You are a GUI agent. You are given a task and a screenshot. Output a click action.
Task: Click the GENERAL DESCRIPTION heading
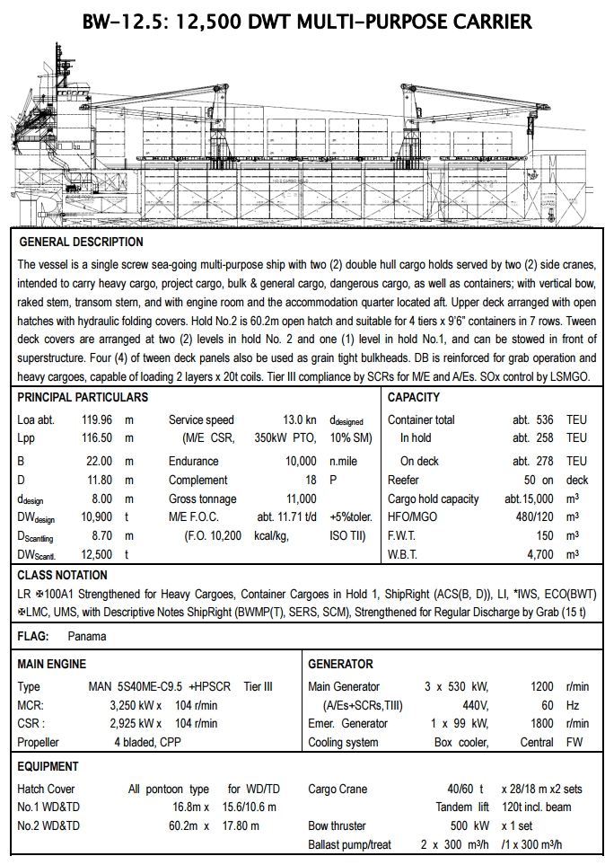point(81,242)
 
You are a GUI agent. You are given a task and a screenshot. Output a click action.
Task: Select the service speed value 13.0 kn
point(299,419)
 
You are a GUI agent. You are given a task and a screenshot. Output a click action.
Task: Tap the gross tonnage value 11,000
point(301,499)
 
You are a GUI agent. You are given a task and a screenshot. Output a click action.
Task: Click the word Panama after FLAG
point(87,636)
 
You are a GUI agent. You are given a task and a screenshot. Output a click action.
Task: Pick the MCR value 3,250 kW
point(135,705)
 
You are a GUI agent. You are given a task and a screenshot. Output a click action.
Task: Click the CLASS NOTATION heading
point(63,575)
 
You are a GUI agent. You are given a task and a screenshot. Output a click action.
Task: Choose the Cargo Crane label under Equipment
point(338,789)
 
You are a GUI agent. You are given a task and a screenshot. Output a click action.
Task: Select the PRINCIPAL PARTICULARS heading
point(83,397)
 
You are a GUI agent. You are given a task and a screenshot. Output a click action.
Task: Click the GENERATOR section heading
point(340,664)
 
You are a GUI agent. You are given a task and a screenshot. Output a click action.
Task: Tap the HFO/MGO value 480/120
point(533,516)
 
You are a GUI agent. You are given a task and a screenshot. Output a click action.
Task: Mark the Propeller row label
point(39,742)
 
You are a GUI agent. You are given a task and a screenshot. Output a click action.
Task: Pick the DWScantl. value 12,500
point(99,555)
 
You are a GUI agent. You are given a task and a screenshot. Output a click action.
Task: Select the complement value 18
point(311,480)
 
